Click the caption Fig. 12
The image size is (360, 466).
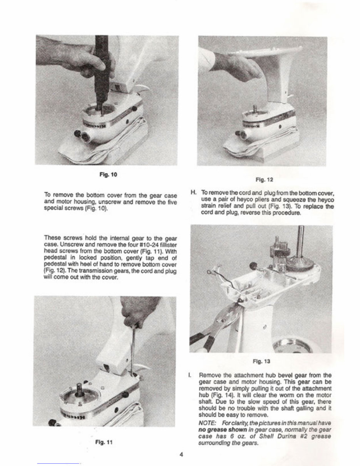point(261,179)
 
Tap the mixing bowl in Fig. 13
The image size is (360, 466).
point(296,345)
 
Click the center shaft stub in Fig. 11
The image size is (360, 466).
point(80,390)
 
